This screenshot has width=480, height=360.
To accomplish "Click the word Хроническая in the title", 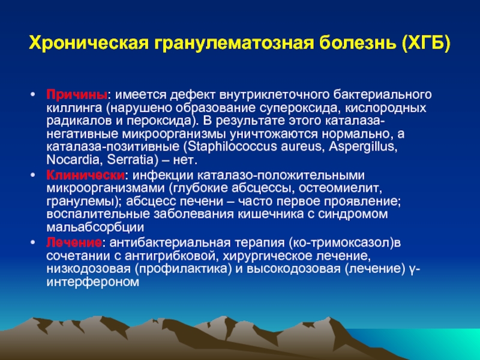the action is pos(88,43).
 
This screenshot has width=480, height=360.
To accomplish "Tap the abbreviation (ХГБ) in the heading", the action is pos(426,43).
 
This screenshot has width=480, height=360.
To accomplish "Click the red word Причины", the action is pos(77,95).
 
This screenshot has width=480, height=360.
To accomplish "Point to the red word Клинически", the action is pos(85,175).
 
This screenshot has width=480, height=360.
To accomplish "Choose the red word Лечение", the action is pos(74,242).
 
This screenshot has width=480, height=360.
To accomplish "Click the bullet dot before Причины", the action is pos(33,94).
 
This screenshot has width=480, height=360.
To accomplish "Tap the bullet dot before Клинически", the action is pos(33,175).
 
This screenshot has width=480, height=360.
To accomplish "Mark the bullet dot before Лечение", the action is pos(33,242).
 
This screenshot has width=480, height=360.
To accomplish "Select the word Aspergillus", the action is pos(363,147).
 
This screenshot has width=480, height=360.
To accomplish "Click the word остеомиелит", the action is pos(340,188).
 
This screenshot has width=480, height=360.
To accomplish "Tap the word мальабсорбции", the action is pos(95,227).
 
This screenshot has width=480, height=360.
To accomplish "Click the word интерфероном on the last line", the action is pos(93,282).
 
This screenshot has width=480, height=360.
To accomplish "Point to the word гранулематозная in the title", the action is pos(234,43).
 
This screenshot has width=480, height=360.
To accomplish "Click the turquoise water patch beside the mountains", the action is pos(428,343).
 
